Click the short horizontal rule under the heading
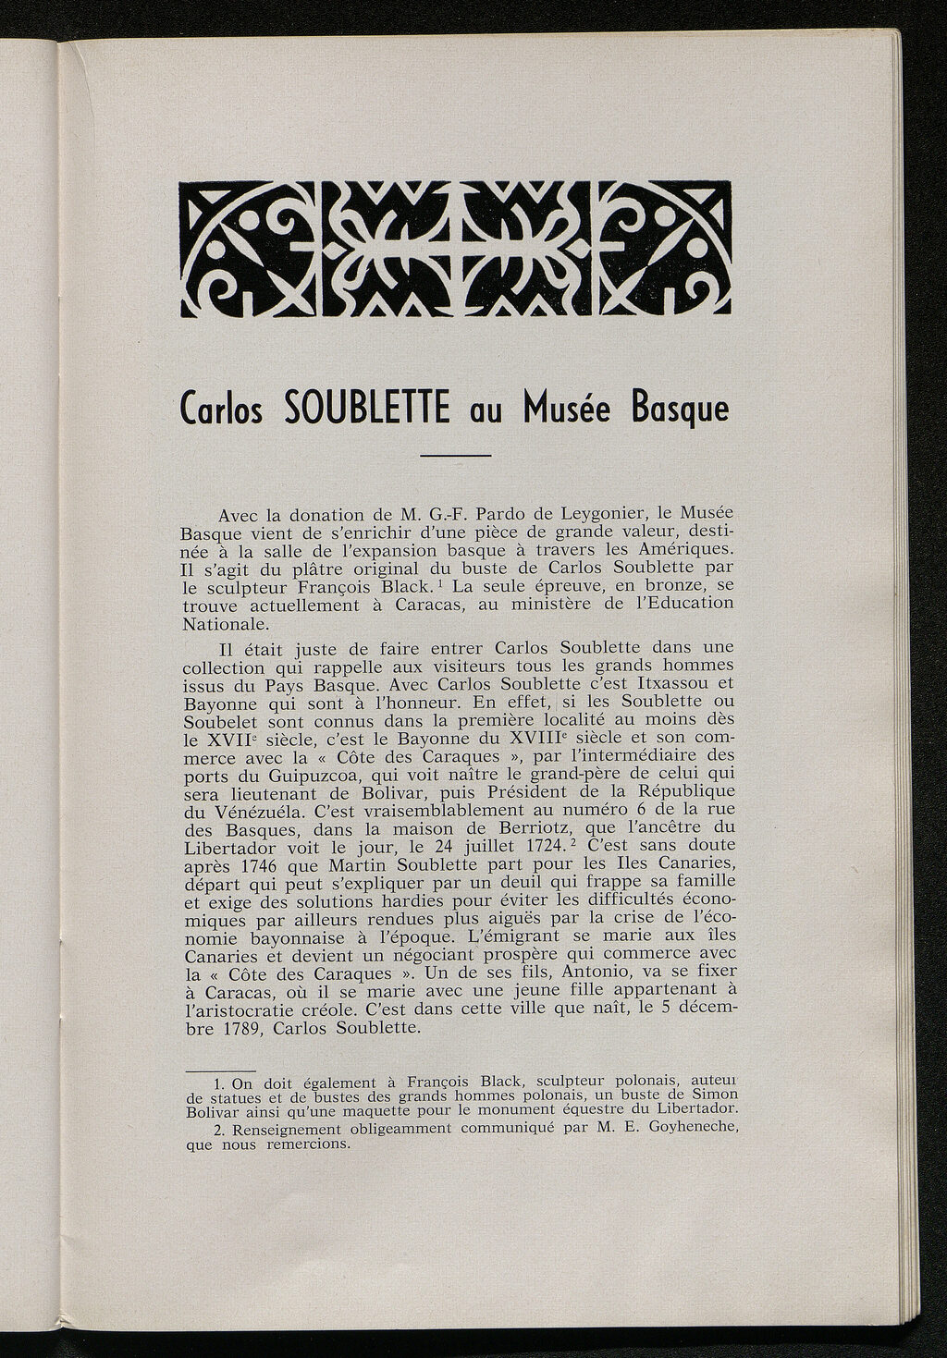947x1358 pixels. click(x=454, y=455)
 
